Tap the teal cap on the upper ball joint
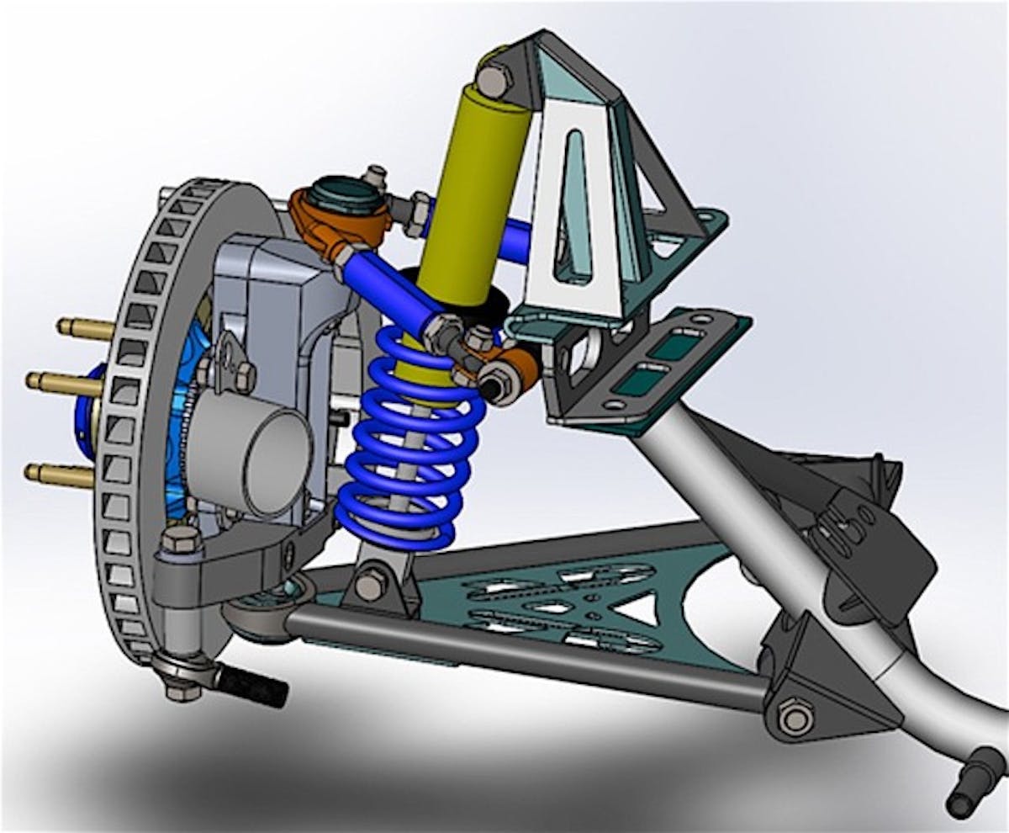[x=341, y=193]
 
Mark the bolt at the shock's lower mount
[x=370, y=584]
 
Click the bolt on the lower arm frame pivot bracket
[x=795, y=718]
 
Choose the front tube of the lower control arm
[x=521, y=656]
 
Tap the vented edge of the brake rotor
[x=126, y=438]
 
